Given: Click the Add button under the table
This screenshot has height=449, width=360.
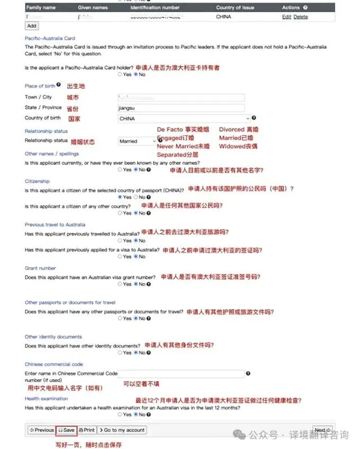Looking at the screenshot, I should [x=32, y=25].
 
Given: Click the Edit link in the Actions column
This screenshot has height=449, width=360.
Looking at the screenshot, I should [x=286, y=17].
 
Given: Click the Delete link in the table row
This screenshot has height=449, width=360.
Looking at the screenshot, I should [x=300, y=17].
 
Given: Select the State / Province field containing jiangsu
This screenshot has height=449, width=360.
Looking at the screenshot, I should [x=181, y=108].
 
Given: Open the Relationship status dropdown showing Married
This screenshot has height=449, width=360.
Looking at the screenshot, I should [x=137, y=141].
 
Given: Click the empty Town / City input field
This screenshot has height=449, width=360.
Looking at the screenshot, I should [x=181, y=97].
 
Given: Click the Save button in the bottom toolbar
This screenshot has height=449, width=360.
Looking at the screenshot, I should [x=67, y=430].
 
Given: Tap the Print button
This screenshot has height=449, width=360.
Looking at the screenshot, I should [x=87, y=430].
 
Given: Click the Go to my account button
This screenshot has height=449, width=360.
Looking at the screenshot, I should [x=122, y=430].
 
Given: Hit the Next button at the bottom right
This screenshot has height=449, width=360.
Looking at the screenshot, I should [x=322, y=430].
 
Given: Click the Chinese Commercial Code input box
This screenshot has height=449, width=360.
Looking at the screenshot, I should [x=181, y=373].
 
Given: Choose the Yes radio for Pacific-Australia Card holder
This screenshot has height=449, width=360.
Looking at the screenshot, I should [x=120, y=75].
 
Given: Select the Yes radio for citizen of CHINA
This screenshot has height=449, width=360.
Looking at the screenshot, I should [x=120, y=197].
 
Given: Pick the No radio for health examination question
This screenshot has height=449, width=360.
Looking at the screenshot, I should [x=136, y=415].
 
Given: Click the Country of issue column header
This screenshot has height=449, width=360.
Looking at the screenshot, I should [x=235, y=8].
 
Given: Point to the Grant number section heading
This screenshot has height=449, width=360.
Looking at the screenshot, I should [x=40, y=268].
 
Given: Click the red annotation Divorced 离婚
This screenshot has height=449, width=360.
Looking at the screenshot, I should [x=239, y=130].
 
